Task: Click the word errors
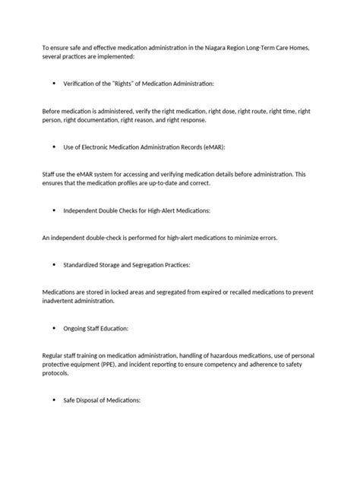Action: tap(266, 237)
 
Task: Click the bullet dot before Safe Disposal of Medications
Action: tap(55, 400)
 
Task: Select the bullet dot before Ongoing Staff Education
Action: tap(55, 328)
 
